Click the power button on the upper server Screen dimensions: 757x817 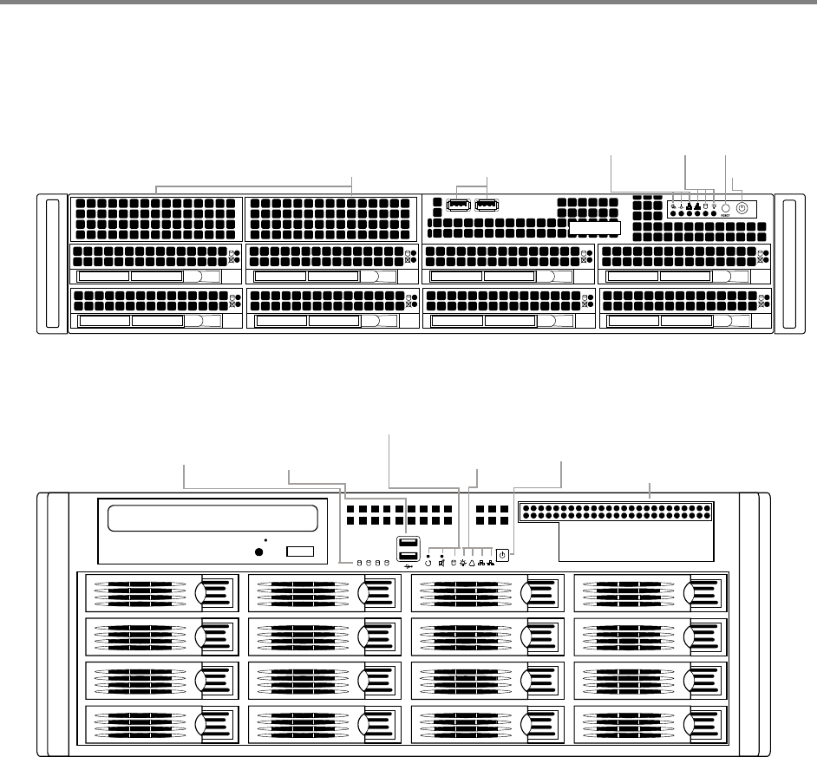coord(742,208)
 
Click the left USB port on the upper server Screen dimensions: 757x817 coord(458,206)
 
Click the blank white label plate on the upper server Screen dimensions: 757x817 coord(595,228)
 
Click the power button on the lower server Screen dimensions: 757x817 coord(502,554)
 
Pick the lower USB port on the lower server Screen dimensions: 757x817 coord(407,558)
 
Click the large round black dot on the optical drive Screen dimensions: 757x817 coord(258,551)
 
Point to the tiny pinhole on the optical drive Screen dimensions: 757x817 coord(264,539)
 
